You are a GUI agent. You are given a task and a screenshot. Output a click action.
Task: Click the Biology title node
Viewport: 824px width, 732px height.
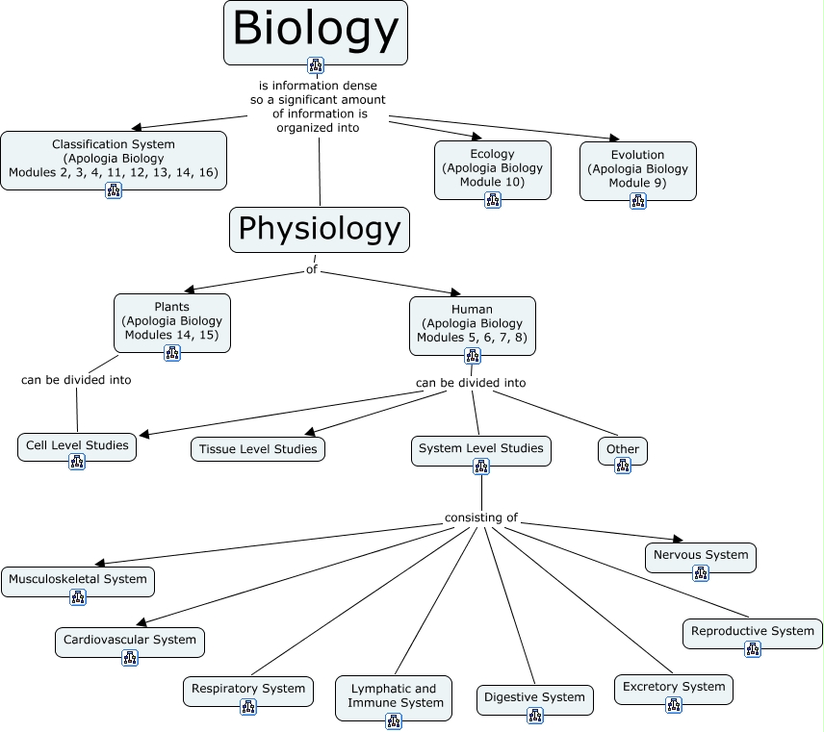[316, 31]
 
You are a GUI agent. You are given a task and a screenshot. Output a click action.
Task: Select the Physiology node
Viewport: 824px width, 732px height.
[320, 229]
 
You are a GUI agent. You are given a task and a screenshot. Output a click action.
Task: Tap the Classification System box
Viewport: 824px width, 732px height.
[114, 159]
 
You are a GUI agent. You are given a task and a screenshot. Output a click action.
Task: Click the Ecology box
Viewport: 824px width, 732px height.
[493, 168]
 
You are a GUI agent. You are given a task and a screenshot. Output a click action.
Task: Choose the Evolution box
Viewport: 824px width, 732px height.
[637, 169]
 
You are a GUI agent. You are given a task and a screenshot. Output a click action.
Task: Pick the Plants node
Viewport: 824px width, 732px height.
[172, 321]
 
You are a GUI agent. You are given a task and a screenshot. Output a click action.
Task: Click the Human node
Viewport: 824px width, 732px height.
[472, 324]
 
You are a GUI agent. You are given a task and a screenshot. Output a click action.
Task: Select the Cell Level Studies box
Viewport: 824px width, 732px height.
[77, 446]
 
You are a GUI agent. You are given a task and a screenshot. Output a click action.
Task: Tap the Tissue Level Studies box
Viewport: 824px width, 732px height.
[258, 449]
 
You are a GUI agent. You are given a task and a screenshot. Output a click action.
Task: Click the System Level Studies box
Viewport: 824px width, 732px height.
[481, 448]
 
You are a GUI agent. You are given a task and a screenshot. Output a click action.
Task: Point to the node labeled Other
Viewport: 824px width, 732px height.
[623, 449]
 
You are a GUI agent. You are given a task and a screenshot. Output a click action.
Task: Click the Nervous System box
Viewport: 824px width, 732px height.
[701, 556]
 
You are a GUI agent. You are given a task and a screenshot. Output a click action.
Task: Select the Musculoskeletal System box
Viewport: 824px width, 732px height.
[78, 580]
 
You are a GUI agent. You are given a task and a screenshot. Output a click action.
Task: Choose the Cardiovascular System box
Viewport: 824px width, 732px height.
[130, 641]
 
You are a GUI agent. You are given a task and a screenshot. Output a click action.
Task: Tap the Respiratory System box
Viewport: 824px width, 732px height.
[248, 690]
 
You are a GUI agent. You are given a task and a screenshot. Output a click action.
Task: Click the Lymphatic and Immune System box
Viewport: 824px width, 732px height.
[393, 696]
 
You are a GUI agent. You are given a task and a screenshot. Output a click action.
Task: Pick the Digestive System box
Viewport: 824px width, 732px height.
[535, 698]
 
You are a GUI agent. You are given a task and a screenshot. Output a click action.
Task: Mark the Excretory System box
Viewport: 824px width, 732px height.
[674, 688]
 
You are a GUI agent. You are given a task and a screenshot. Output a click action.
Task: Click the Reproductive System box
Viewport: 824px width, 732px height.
[753, 632]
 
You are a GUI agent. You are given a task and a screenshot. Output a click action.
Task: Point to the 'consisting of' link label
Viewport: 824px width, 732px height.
[480, 517]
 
